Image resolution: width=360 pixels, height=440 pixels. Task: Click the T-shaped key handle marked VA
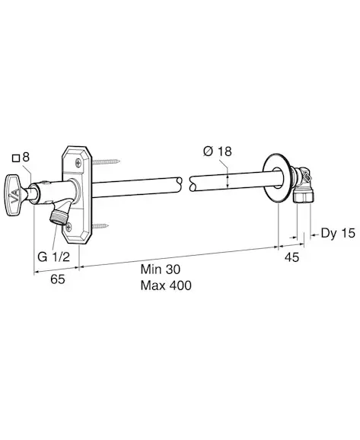(14, 196)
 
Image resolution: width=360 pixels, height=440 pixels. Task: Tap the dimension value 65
(58, 279)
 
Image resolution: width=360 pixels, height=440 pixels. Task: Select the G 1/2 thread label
(53, 257)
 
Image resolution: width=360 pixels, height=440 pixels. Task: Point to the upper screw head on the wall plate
(78, 161)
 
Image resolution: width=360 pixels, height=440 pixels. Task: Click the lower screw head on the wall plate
(68, 226)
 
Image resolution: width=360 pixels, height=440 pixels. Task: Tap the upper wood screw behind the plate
(106, 161)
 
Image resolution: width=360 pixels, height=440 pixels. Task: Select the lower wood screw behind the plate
(100, 225)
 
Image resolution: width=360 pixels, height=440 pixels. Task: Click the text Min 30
(161, 269)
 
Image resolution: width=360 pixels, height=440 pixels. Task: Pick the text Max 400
(166, 285)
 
